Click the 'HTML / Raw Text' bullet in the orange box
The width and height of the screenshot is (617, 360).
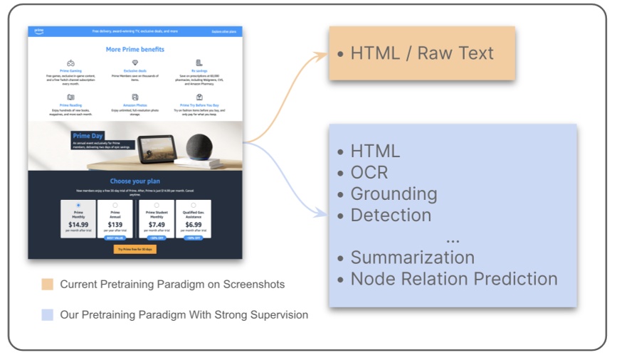tap(422, 53)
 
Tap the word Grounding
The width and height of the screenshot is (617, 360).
tap(394, 194)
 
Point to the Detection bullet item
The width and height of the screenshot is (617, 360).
tap(391, 215)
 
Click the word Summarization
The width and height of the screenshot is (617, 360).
tap(412, 257)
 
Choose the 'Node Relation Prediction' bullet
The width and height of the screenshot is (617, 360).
tap(454, 279)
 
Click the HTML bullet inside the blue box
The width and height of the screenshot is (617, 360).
tap(375, 151)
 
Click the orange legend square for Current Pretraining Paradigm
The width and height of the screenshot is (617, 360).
tap(47, 285)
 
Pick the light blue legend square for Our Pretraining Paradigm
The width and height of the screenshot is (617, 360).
tap(47, 314)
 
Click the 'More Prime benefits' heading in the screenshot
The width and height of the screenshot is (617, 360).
tap(135, 49)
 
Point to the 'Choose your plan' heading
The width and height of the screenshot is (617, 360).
tap(135, 181)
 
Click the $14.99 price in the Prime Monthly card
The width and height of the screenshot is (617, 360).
tap(78, 225)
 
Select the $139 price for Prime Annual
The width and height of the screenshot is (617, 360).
tap(115, 225)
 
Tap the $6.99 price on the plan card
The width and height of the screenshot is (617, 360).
tap(193, 225)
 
